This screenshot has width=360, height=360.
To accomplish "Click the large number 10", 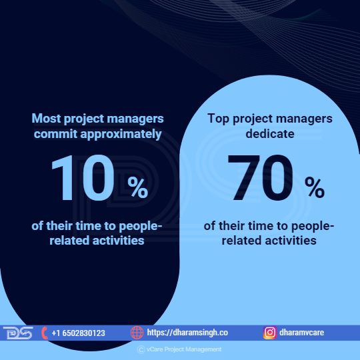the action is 83,178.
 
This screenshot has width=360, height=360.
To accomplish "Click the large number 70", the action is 261,178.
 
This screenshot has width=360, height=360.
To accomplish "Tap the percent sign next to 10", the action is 138,187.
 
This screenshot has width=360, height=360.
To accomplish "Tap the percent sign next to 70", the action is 315,187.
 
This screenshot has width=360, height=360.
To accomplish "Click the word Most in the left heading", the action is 46,119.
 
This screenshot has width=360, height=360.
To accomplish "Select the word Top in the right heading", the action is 218,119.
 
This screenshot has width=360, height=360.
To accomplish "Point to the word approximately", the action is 121,135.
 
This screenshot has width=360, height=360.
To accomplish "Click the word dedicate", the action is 270,133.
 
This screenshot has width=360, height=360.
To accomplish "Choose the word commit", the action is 55,133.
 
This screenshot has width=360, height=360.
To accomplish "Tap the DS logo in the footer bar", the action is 18,333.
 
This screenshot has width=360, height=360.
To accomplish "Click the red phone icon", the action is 45,333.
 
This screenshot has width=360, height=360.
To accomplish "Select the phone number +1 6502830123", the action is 78,333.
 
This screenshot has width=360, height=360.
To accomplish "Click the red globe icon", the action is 137,333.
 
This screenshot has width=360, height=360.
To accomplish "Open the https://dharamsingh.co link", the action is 187,333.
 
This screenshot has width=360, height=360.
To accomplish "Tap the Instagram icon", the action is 270,333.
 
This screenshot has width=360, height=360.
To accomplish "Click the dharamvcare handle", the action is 301,333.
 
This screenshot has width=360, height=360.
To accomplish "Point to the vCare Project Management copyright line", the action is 179,349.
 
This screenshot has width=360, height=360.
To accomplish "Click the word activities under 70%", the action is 291,241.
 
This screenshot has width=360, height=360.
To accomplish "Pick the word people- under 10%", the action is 141,227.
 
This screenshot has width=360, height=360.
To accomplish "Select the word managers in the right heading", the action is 304,119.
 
